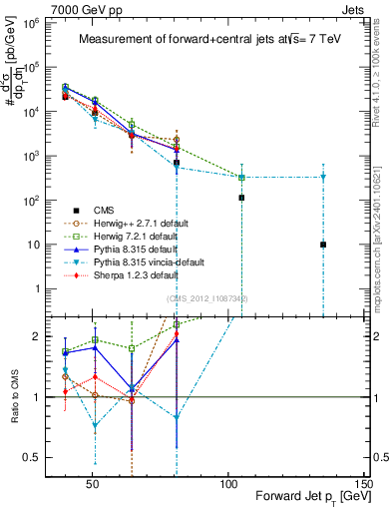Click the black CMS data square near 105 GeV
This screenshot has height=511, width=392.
click(x=241, y=198)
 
